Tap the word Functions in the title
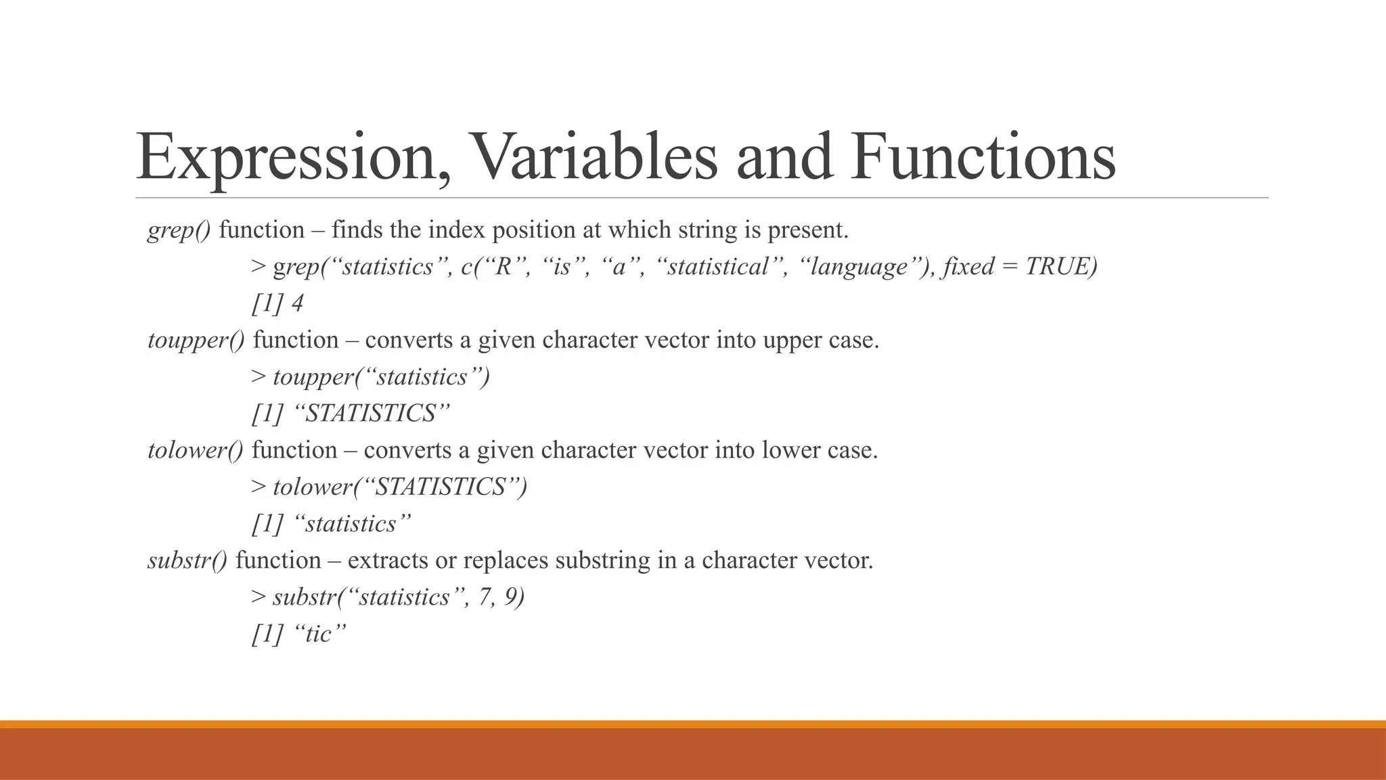point(983,157)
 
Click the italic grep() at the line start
point(179,230)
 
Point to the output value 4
point(297,303)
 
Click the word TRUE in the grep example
point(1057,267)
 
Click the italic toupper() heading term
point(196,340)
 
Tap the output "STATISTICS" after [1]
point(372,414)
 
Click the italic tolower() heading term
point(196,450)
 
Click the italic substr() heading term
point(187,561)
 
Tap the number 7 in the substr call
point(485,597)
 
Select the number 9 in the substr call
point(511,597)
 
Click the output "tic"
point(321,634)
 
